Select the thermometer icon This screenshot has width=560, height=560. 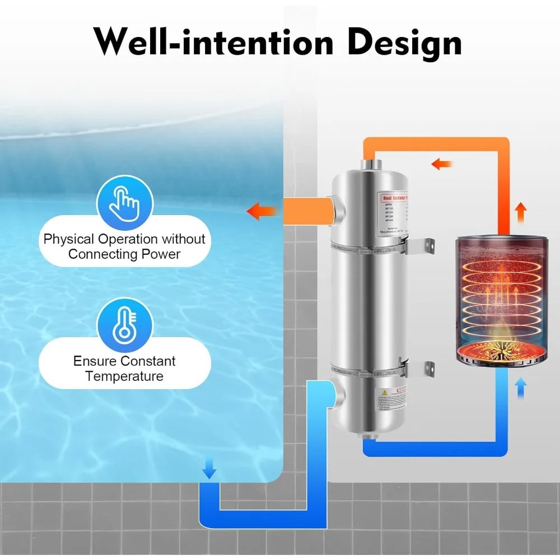(x=124, y=324)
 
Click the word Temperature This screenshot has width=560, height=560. (x=124, y=376)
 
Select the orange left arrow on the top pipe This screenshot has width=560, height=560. (x=442, y=164)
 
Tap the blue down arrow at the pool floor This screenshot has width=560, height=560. (x=209, y=469)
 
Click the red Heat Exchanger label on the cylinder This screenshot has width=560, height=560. (x=400, y=198)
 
